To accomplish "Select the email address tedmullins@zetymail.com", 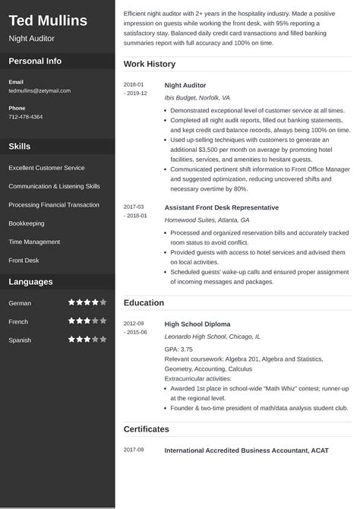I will (x=39, y=90).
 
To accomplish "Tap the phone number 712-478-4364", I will (x=26, y=117).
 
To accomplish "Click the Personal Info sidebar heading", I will (x=35, y=61).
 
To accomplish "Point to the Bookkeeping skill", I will (x=27, y=223).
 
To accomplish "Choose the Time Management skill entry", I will (x=34, y=242).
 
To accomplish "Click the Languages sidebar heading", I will (x=30, y=282).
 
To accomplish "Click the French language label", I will (x=18, y=321).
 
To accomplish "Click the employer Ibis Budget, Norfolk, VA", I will (x=197, y=98).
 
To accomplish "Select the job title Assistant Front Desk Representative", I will (x=221, y=207).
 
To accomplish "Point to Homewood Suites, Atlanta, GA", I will (x=207, y=220).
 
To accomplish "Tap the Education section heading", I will (x=144, y=302).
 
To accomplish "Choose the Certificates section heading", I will (x=146, y=429).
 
